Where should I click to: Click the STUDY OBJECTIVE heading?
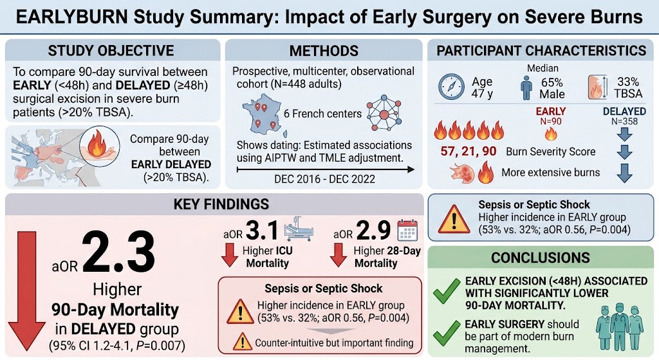pos(111,50)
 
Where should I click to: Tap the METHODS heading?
pos(324,51)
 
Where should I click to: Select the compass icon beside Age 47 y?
pos(451,87)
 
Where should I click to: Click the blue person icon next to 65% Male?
pos(526,88)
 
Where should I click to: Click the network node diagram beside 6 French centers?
pos(384,113)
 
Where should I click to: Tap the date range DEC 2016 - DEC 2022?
pos(324,179)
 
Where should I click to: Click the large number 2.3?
pos(118,252)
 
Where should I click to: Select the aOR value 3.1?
pos(262,231)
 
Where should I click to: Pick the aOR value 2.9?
pos(374,231)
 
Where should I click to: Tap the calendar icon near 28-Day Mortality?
pos(407,230)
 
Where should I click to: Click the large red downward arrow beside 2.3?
pos(26,291)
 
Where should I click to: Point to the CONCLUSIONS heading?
pos(541,258)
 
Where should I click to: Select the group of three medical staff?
pos(620,327)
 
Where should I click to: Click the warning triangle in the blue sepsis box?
pos(454,220)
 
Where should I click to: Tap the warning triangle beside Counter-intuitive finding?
pos(242,343)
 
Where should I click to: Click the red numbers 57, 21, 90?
pos(469,151)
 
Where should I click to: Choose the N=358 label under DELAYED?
pos(624,122)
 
